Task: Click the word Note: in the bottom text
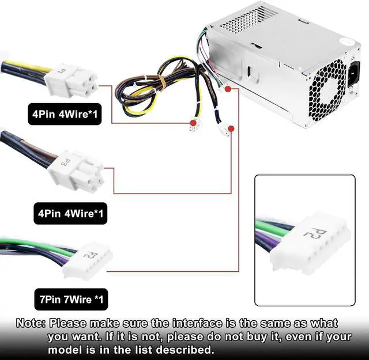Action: tap(32, 323)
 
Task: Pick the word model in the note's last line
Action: tap(65, 349)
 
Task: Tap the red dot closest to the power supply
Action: tap(228, 89)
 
